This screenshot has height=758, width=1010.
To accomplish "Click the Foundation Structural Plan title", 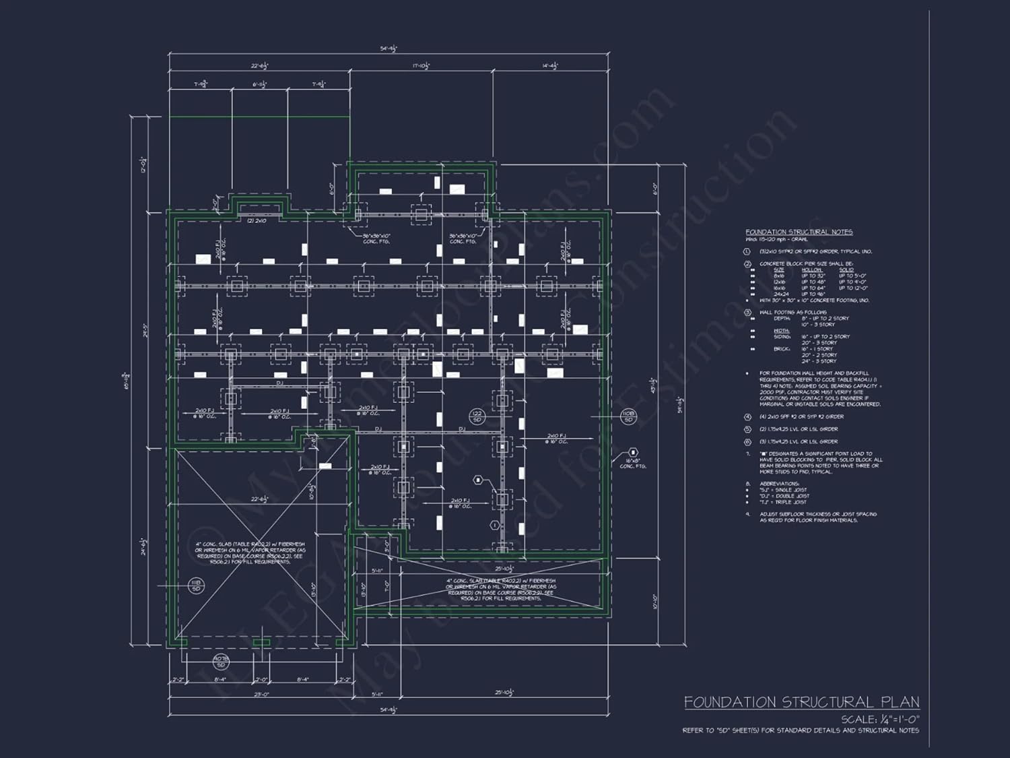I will [x=801, y=703].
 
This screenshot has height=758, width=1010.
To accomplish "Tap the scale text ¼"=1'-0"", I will [x=880, y=720].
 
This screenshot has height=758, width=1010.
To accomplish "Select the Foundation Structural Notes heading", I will [x=799, y=232].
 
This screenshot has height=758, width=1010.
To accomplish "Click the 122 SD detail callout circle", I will [x=477, y=416].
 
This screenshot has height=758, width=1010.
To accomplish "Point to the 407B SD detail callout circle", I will [x=221, y=661].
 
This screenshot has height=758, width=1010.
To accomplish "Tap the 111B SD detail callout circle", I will [x=196, y=586].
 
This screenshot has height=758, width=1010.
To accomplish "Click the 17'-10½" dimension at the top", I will [x=421, y=66].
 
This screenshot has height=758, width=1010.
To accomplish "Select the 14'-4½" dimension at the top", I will [x=550, y=66].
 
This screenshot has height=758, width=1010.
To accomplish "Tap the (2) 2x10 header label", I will [x=256, y=221].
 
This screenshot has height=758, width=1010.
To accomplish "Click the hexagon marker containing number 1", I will [x=495, y=525].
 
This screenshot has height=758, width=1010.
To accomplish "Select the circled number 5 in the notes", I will [x=747, y=429].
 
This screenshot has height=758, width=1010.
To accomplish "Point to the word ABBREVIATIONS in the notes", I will [x=779, y=484].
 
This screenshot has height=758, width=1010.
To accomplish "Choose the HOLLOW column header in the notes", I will [x=811, y=270].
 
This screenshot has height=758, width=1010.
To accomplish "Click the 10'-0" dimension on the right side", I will [x=654, y=602].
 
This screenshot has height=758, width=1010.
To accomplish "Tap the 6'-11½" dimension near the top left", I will [x=260, y=85].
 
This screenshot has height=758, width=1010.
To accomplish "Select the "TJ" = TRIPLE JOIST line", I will [x=783, y=502].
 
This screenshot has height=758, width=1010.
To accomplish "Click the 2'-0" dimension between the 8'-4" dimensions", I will [x=261, y=680].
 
